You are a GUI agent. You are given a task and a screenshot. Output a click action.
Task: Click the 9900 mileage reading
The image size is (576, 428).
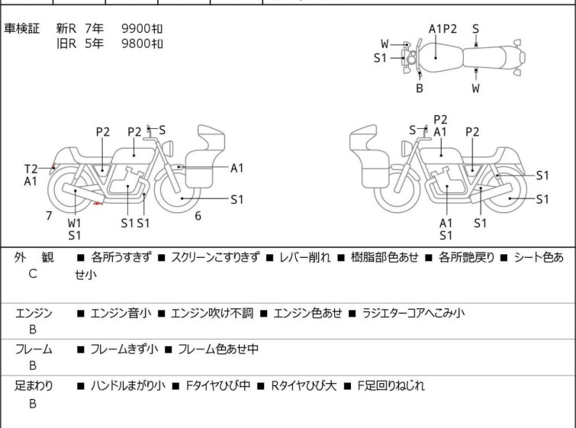point(142,28)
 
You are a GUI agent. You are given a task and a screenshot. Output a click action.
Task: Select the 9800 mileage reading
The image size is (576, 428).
point(142,43)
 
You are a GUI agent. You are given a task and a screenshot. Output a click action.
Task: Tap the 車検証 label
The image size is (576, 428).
point(21,28)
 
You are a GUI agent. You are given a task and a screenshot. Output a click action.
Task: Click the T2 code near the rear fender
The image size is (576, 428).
point(31,169)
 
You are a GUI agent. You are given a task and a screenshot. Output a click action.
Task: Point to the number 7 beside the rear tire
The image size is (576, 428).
point(49,216)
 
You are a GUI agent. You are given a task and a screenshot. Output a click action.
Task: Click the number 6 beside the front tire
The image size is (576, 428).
point(198,216)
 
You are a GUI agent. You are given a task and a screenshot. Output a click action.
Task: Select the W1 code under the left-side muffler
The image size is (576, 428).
point(74,223)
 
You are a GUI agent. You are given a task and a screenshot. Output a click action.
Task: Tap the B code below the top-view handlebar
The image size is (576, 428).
point(419,88)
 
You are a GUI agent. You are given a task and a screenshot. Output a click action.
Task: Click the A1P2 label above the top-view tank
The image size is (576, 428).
point(442,29)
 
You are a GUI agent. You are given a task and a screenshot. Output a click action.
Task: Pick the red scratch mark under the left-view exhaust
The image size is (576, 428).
point(98,203)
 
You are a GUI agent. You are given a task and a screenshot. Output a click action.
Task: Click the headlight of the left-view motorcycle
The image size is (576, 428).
point(168,149)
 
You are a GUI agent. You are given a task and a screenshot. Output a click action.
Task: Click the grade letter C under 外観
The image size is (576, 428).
point(32,274)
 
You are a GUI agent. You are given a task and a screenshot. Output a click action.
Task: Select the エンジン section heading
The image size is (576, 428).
point(34,313)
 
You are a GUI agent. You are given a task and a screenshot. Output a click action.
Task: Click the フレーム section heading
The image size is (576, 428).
point(34,349)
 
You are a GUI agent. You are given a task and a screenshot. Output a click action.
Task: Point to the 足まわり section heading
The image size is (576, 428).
point(34,385)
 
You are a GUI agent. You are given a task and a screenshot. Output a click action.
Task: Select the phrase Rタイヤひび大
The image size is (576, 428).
point(304,386)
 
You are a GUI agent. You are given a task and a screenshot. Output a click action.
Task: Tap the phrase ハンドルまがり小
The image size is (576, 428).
point(128,386)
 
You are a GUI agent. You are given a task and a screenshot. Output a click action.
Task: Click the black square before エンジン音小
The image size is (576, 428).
point(80,314)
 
